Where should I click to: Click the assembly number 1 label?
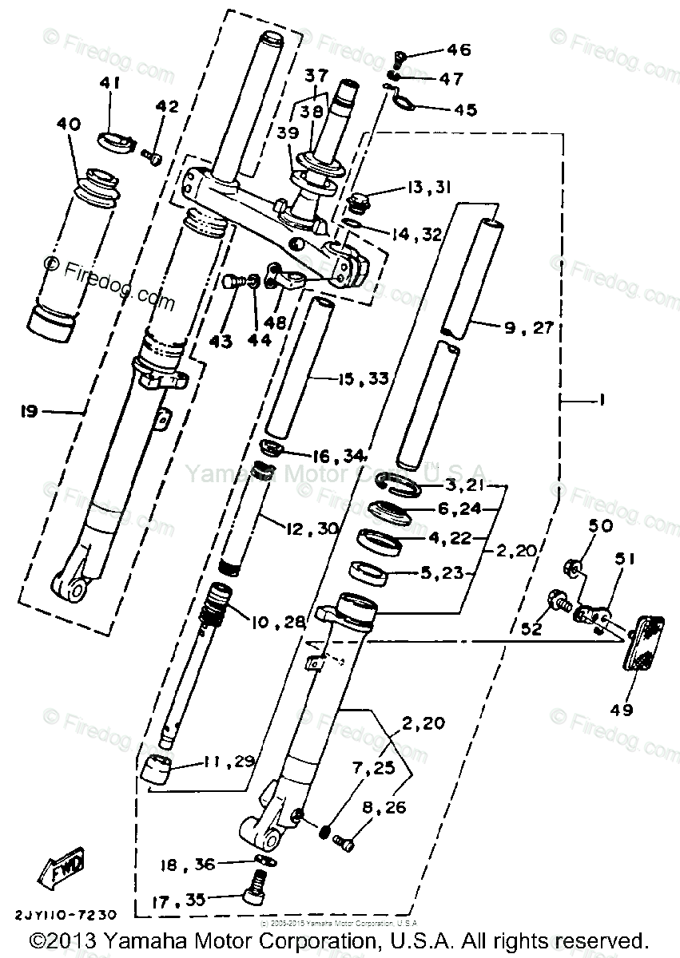599,404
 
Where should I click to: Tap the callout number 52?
531,628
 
